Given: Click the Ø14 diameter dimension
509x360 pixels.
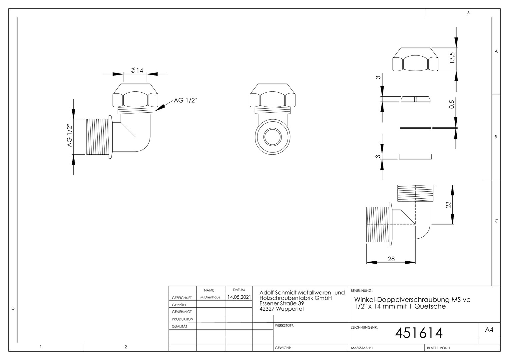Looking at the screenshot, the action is tap(137, 71).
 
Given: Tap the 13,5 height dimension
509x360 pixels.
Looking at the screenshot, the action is tap(452, 58).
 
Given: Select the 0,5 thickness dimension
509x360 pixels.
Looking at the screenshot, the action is tap(452, 104).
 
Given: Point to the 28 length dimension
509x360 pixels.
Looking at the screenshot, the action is tap(391, 259).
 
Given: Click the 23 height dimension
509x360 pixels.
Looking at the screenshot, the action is tap(448, 205).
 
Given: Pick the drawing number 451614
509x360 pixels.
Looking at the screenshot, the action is tap(419, 333).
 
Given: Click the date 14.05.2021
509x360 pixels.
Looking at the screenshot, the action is tap(239, 297).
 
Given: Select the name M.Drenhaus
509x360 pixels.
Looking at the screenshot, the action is tap(210, 297).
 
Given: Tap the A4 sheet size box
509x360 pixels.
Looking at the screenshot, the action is tap(489, 330).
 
